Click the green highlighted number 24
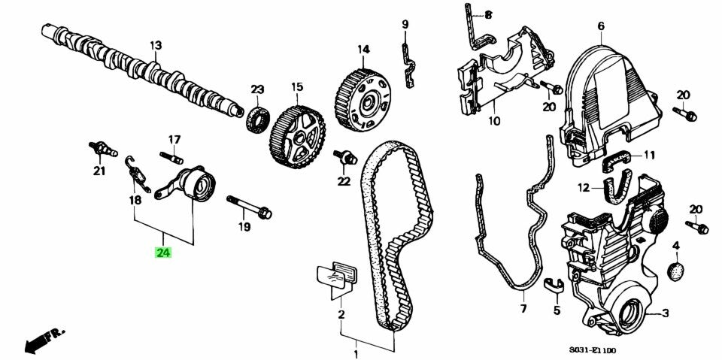pyautogui.click(x=163, y=253)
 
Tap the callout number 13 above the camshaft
pyautogui.click(x=155, y=46)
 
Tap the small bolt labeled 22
pyautogui.click(x=347, y=158)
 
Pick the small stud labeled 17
pyautogui.click(x=171, y=159)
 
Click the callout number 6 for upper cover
pyautogui.click(x=601, y=26)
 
